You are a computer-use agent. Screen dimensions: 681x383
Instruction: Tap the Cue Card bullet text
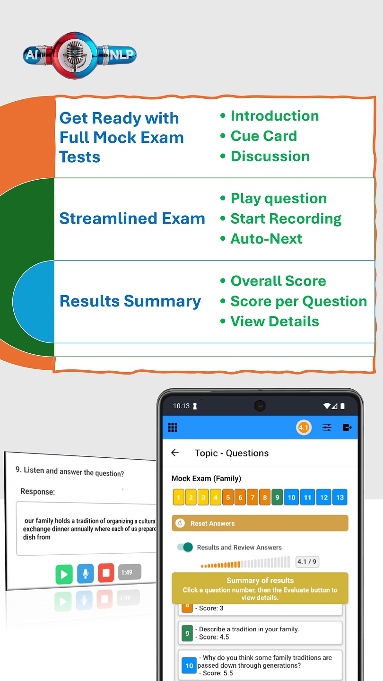(264, 136)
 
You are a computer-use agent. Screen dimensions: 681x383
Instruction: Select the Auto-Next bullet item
(266, 239)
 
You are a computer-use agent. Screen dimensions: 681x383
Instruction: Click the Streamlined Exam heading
(132, 218)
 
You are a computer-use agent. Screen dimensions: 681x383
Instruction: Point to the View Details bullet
(274, 322)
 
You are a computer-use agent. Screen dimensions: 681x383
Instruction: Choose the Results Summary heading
(130, 301)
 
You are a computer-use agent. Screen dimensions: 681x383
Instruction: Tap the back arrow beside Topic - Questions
(175, 453)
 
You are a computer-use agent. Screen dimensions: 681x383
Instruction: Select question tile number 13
(339, 498)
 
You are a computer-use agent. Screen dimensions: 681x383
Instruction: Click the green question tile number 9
(277, 498)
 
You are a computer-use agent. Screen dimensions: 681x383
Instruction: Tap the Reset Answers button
(260, 524)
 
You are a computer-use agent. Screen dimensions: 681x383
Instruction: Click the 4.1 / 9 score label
(307, 562)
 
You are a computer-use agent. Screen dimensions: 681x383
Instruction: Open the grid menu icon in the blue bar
(173, 428)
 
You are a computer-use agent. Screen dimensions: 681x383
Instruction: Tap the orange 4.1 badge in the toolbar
(303, 428)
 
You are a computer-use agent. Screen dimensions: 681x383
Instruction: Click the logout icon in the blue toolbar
(348, 428)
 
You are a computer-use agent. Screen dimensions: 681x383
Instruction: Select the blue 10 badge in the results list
(189, 665)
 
